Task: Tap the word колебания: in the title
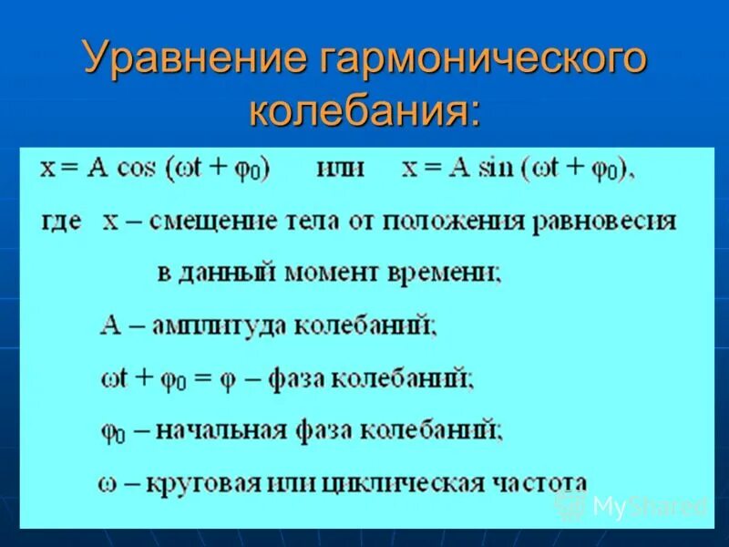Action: tap(364, 110)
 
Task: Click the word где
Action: tap(61, 222)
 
